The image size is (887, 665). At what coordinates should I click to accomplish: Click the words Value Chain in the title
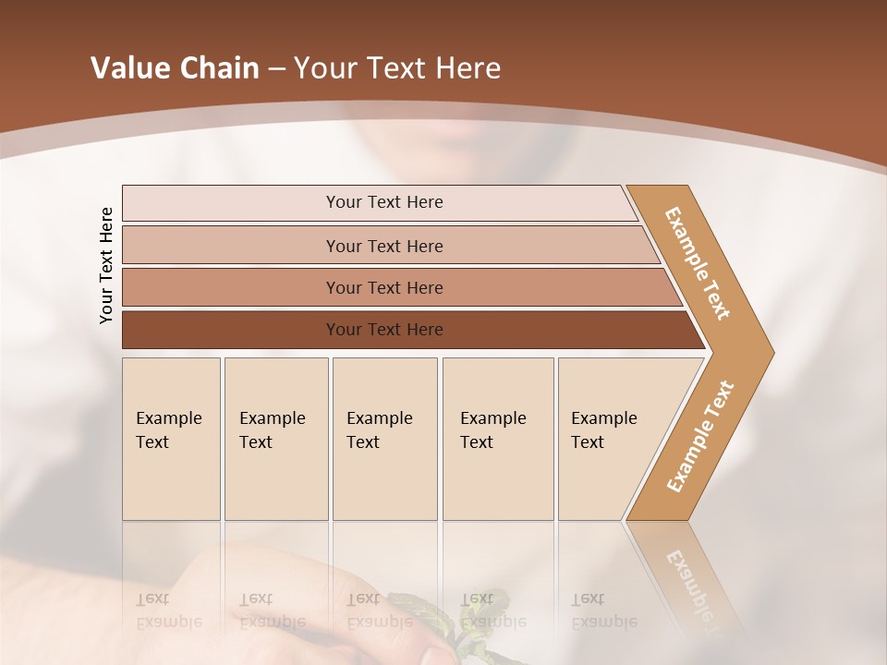pos(175,68)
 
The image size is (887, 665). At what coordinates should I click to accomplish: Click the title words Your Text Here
pos(397,68)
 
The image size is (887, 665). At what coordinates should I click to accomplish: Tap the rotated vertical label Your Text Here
pos(106,265)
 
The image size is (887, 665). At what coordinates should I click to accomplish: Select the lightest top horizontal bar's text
pos(384,202)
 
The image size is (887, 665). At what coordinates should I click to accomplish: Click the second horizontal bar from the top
pos(384,246)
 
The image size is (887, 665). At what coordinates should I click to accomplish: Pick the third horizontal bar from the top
pos(384,287)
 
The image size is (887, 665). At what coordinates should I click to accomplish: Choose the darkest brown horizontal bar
pos(384,330)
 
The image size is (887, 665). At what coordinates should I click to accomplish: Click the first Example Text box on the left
pos(171,439)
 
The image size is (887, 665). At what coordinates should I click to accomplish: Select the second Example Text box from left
pos(275,439)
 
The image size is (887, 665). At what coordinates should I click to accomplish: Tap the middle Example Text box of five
pos(384,439)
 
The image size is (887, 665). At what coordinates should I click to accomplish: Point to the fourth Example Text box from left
pos(497,439)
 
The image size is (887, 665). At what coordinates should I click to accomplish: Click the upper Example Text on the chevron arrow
pos(698,263)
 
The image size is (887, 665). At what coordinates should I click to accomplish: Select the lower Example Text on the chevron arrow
pos(700,436)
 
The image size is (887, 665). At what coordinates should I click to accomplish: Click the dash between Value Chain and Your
pos(276,68)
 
